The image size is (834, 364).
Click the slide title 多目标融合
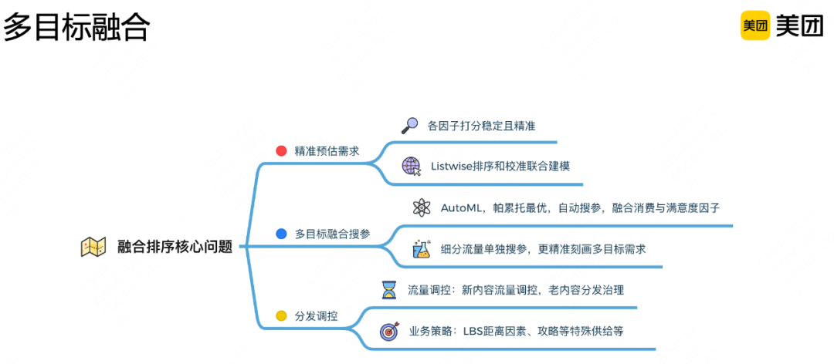coord(76,28)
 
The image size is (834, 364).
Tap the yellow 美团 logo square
coord(755,25)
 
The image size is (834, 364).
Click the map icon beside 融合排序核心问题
coord(93,247)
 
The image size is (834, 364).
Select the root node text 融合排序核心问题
coord(175,247)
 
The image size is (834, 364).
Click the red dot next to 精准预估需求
coord(281,150)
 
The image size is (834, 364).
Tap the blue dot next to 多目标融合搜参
coord(281,233)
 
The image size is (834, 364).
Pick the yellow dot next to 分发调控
coord(281,315)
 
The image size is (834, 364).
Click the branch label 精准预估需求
coord(327,151)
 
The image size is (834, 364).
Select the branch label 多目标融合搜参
coord(333,234)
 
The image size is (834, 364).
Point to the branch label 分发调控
coord(317,316)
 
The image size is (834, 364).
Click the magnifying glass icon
coord(409,125)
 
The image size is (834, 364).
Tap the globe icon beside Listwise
coord(412,166)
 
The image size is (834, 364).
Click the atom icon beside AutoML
coord(421,207)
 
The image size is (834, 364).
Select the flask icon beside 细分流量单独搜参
coord(421,249)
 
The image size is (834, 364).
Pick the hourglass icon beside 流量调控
coord(388,290)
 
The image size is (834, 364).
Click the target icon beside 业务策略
coord(388,332)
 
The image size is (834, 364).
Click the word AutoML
coord(462,207)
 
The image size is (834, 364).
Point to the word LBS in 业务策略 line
coord(473,332)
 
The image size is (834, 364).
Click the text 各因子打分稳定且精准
coord(481,125)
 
